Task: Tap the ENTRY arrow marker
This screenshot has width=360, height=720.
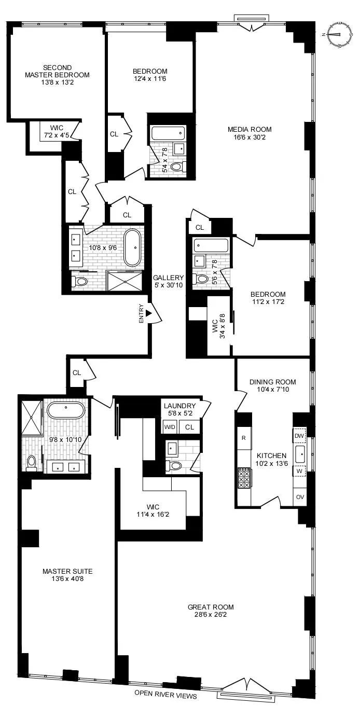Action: pyautogui.click(x=149, y=313)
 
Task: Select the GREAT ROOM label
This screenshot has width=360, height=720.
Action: pyautogui.click(x=211, y=607)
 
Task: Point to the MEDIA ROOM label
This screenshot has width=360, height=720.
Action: pyautogui.click(x=250, y=129)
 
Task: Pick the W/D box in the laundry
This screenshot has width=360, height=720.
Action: pyautogui.click(x=170, y=427)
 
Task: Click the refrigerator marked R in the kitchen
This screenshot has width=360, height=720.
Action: pyautogui.click(x=243, y=437)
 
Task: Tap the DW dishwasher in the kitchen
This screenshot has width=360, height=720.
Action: pyautogui.click(x=299, y=436)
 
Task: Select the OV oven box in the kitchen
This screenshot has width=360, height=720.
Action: pyautogui.click(x=300, y=496)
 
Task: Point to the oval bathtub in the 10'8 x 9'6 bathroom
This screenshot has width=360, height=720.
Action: pyautogui.click(x=134, y=247)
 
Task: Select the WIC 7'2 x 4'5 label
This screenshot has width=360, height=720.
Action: pyautogui.click(x=57, y=136)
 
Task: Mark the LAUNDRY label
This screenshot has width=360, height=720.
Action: pyautogui.click(x=179, y=406)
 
